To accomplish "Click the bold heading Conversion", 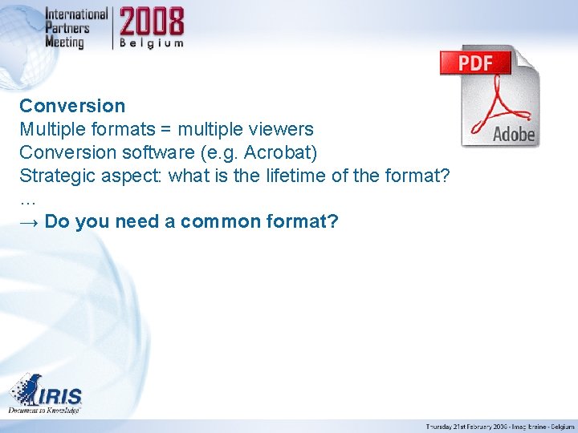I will (72, 106).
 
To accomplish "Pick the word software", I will (136, 152).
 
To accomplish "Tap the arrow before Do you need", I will (30, 221).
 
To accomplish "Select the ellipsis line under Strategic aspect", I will (28, 198).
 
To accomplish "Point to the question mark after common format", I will (333, 221).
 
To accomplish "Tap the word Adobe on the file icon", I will (513, 134).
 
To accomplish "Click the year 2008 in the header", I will (153, 22).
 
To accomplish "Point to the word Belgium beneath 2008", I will (153, 43).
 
